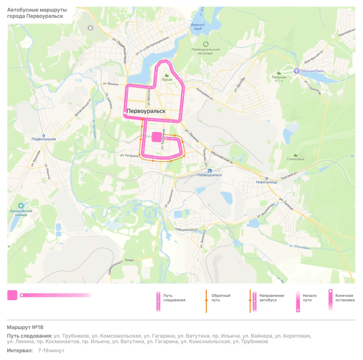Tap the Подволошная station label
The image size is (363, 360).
click(x=44, y=139)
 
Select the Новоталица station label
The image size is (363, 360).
click(x=266, y=182)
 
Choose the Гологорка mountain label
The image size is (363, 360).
click(x=295, y=159)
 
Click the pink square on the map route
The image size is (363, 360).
click(x=157, y=137)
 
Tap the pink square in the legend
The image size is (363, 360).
click(x=12, y=295)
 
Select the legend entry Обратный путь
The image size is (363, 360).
click(x=221, y=298)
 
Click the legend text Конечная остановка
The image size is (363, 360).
click(x=344, y=298)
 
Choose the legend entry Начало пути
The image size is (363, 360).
click(x=310, y=298)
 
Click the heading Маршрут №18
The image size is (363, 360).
click(x=25, y=327)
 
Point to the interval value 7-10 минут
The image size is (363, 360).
click(x=51, y=351)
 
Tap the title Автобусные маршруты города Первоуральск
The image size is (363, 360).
click(x=35, y=13)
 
